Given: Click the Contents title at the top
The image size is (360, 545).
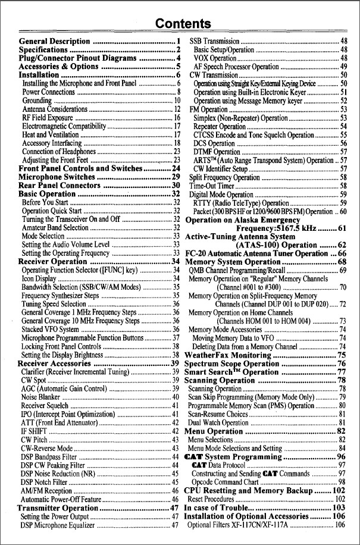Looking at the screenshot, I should coord(183,24).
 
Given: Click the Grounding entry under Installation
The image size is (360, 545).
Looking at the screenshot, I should coord(36,101).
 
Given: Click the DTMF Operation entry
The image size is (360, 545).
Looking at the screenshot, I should coord(216,151).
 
